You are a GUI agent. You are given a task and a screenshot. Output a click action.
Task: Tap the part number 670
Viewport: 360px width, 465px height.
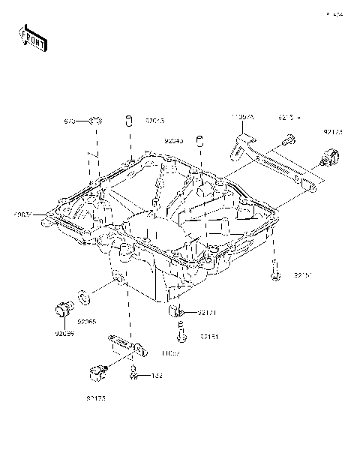[x=70, y=120]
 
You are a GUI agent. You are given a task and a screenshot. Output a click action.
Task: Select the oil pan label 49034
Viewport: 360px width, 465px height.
[x=23, y=216]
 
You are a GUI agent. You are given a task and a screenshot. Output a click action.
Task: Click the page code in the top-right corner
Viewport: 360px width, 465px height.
[x=333, y=13]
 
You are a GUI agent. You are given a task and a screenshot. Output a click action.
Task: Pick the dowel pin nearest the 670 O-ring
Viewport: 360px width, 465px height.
[x=128, y=120]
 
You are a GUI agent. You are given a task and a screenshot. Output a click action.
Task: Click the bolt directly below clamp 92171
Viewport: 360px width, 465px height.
[x=181, y=330]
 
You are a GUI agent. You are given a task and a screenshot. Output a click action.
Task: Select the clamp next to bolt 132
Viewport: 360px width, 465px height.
[x=96, y=370]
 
